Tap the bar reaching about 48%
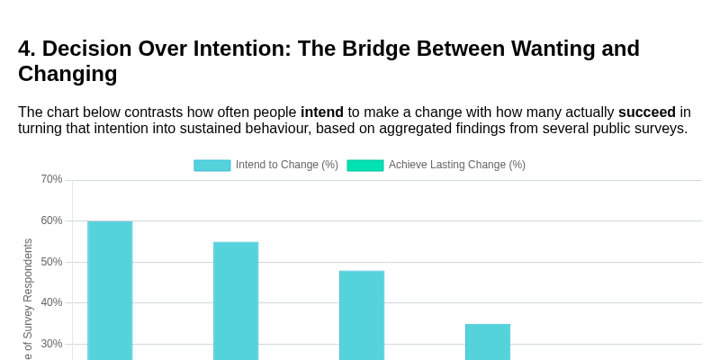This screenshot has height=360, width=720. click(362, 314)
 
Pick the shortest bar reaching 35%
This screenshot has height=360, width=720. click(488, 341)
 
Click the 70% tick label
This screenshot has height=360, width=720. click(51, 179)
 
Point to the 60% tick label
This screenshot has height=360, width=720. click(51, 220)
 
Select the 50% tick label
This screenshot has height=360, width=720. click(51, 262)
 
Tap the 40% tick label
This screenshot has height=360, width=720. click(51, 302)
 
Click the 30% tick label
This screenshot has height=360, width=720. click(51, 344)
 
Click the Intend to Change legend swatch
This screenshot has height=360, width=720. click(212, 166)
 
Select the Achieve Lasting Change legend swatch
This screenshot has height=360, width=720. click(365, 166)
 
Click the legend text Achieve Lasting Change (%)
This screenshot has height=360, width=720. click(457, 165)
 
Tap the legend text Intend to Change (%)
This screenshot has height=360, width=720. click(287, 165)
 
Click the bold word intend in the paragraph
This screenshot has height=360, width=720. click(322, 112)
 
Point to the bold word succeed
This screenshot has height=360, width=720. click(646, 112)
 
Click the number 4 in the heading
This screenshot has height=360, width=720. click(25, 49)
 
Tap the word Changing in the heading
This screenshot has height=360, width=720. click(67, 74)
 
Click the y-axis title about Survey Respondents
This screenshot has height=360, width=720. click(28, 301)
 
